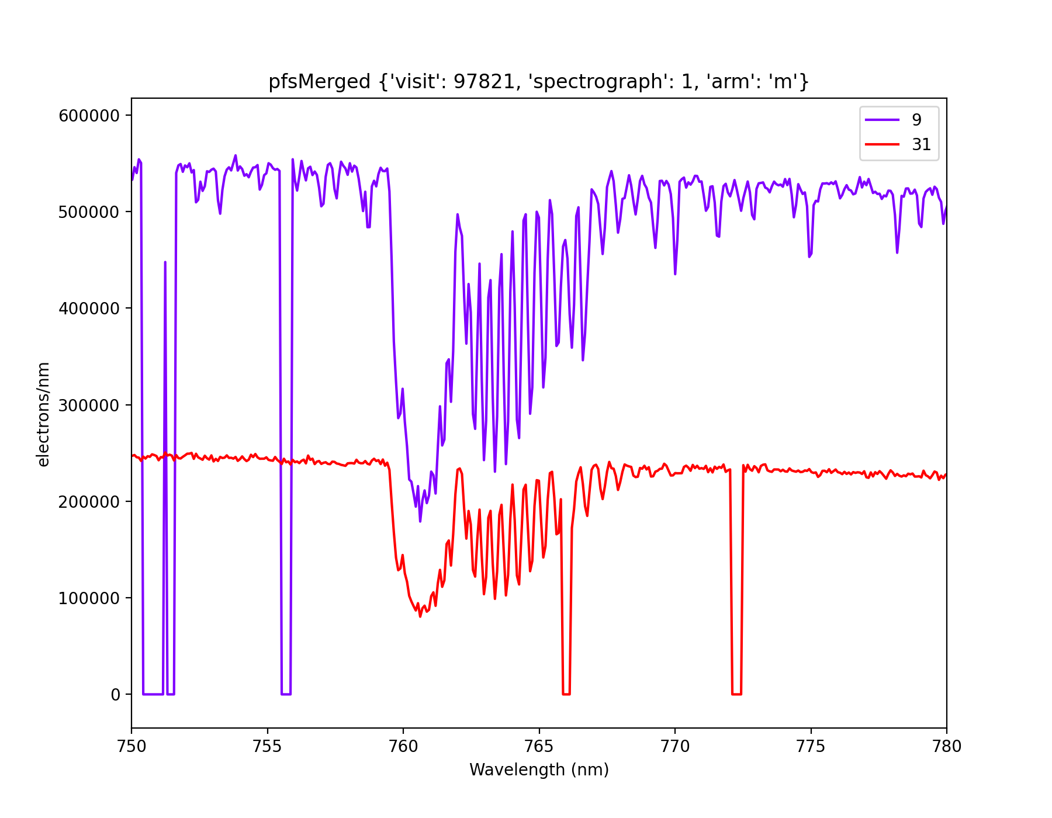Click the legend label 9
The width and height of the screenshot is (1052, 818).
[x=916, y=120]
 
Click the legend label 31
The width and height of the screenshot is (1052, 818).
[x=921, y=144]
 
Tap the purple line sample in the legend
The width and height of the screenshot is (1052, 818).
[x=882, y=120]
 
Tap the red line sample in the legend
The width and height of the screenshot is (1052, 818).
[x=882, y=144]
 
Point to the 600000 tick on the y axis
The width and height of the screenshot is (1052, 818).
[x=89, y=116]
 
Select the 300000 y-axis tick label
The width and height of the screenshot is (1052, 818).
[x=89, y=405]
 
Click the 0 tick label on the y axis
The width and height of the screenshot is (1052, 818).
[x=115, y=695]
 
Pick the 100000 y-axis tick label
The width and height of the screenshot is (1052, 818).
[x=89, y=598]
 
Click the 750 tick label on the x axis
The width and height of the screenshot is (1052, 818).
[x=131, y=746]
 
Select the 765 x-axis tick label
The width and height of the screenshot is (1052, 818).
[x=539, y=746]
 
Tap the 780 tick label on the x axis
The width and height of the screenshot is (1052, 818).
[x=946, y=746]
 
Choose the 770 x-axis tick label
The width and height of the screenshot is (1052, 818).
[x=674, y=746]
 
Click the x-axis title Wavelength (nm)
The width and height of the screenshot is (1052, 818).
[x=539, y=770]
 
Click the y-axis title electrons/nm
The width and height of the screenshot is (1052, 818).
[x=43, y=414]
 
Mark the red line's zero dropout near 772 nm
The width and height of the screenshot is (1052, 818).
[x=736, y=694]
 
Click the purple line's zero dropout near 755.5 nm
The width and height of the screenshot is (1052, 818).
[x=286, y=694]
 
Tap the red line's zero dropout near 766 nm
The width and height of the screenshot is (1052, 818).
[x=566, y=694]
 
